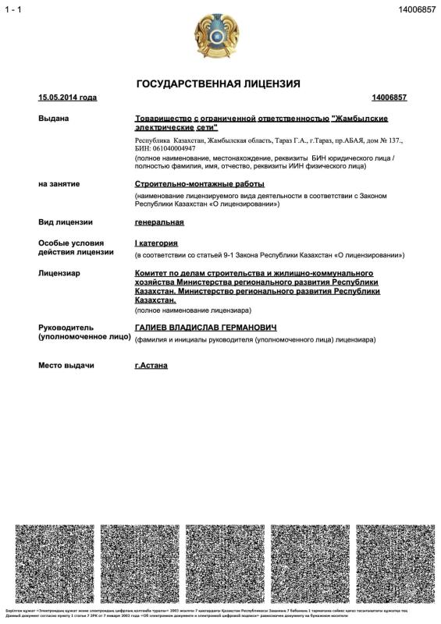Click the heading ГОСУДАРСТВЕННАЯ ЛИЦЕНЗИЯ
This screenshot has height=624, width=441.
(219, 83)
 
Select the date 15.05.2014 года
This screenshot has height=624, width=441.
(68, 97)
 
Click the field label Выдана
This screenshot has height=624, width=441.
(54, 119)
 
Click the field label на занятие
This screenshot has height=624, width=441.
(59, 184)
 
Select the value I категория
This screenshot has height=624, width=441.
(157, 243)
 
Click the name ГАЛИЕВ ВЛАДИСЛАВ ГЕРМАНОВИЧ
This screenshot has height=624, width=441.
(206, 328)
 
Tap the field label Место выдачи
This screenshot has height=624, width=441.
(66, 365)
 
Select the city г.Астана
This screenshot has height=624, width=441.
(151, 365)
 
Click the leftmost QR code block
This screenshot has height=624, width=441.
(55, 559)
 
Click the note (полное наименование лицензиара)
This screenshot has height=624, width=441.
(193, 310)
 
